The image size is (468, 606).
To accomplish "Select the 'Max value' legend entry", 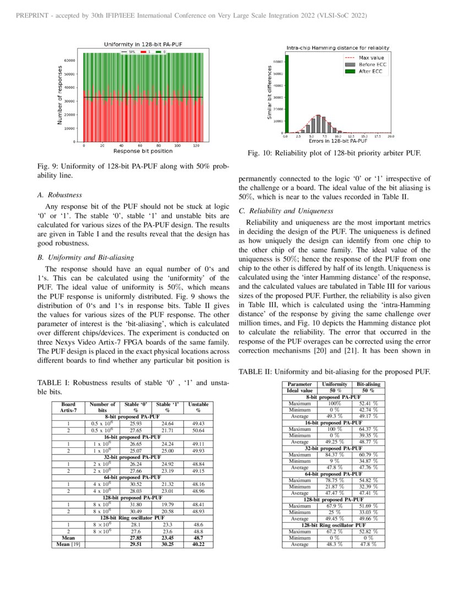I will click(371, 57).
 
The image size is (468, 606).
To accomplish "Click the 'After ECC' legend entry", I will click(371, 71).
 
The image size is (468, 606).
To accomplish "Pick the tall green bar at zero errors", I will click(287, 94).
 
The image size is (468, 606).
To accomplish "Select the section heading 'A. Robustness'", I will click(59, 195).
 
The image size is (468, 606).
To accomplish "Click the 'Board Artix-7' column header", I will click(61, 407).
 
